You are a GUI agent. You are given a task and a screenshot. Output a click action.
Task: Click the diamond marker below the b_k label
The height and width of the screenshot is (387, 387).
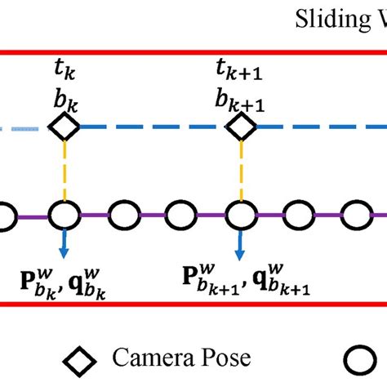click(63, 127)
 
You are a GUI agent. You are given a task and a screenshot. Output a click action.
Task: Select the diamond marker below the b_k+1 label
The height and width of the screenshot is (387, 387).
click(241, 127)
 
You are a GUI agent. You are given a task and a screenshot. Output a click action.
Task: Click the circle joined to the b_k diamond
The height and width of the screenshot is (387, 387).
click(63, 216)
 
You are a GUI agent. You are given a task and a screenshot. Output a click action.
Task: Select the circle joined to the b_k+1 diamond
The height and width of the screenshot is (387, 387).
click(241, 216)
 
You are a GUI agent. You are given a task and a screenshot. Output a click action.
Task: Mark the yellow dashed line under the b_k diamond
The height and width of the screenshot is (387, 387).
click(63, 171)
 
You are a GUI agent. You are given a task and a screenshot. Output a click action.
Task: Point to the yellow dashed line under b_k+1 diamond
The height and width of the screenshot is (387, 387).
click(241, 171)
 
